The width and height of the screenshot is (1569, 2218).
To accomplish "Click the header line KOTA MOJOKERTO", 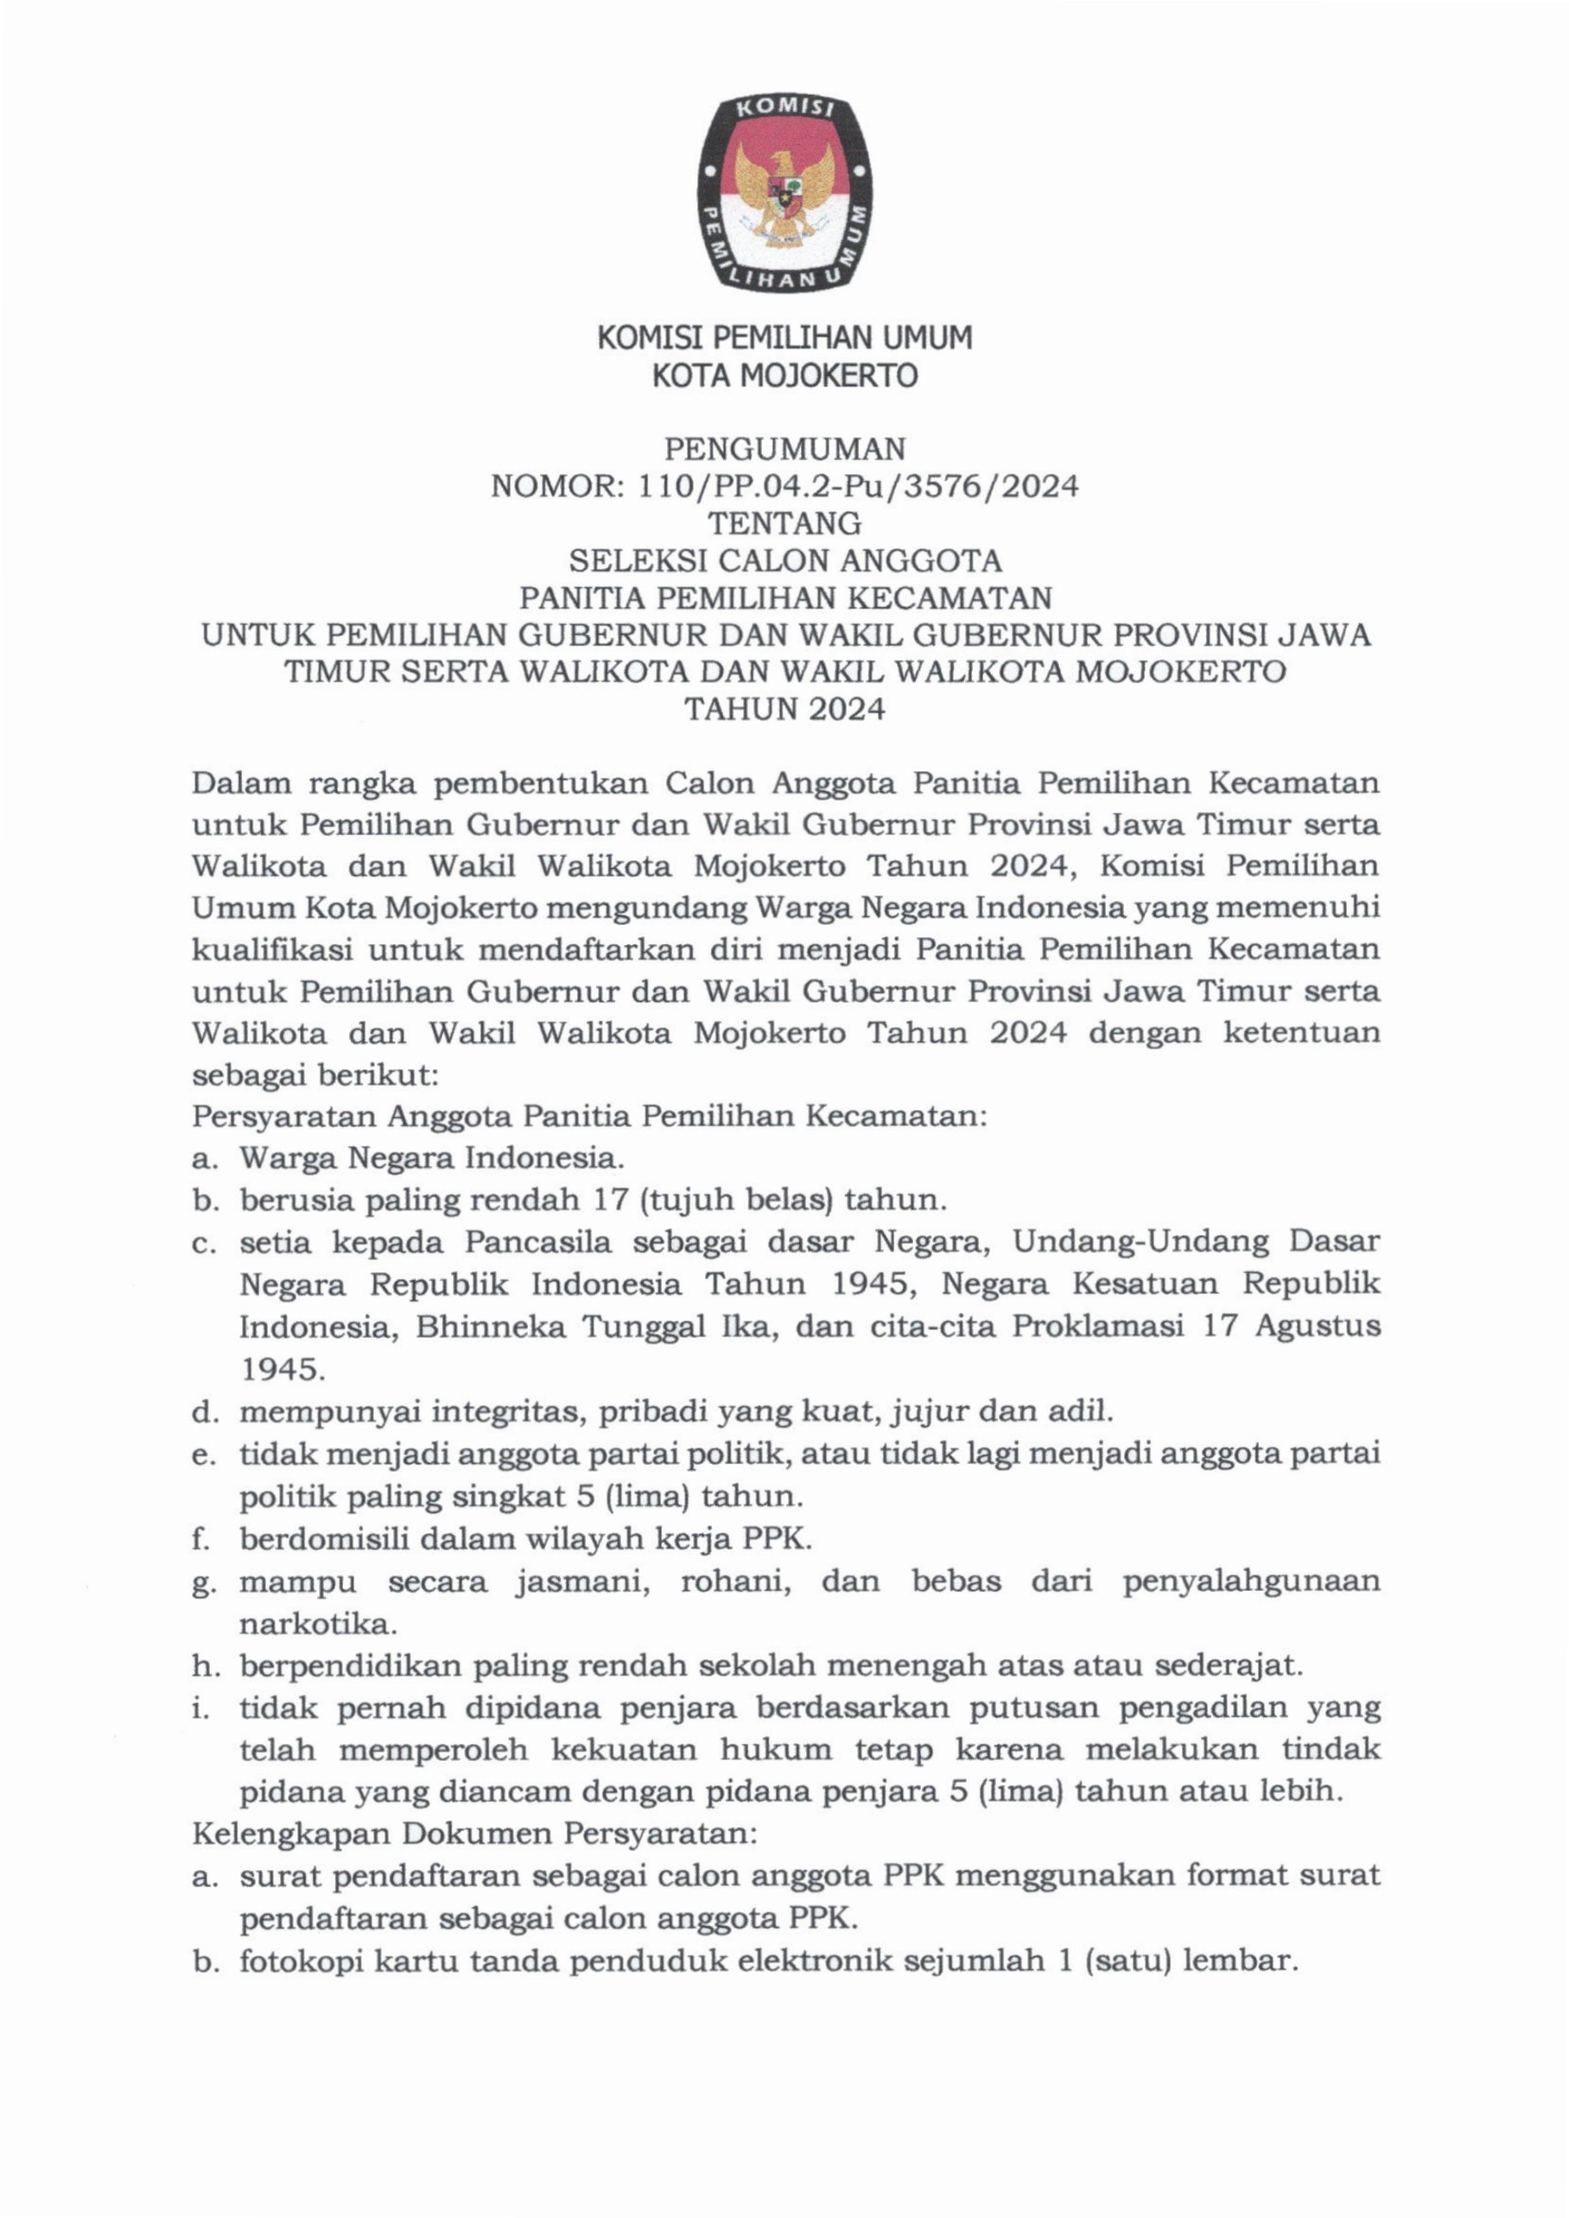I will [x=784, y=375].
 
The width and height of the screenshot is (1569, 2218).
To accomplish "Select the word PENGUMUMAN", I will [x=784, y=449].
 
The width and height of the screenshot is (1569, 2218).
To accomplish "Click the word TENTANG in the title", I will [x=784, y=523].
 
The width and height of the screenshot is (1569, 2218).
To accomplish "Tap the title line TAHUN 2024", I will [x=784, y=710].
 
